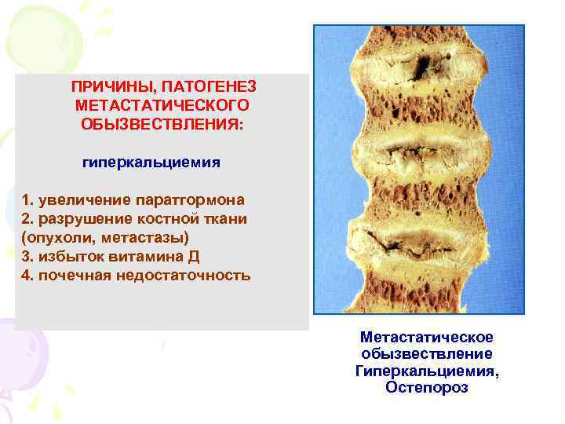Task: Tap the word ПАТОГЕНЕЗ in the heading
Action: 210,85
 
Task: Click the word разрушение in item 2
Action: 78,218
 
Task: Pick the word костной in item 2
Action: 157,218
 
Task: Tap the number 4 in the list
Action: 27,275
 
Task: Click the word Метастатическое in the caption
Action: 427,337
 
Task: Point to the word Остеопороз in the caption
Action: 427,388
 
